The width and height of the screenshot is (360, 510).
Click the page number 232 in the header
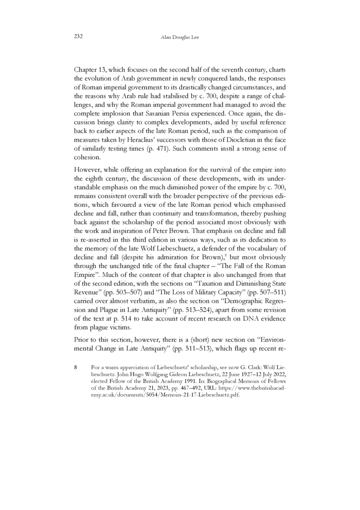[x=78, y=37]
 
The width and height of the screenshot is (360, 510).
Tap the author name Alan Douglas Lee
[x=179, y=37]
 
